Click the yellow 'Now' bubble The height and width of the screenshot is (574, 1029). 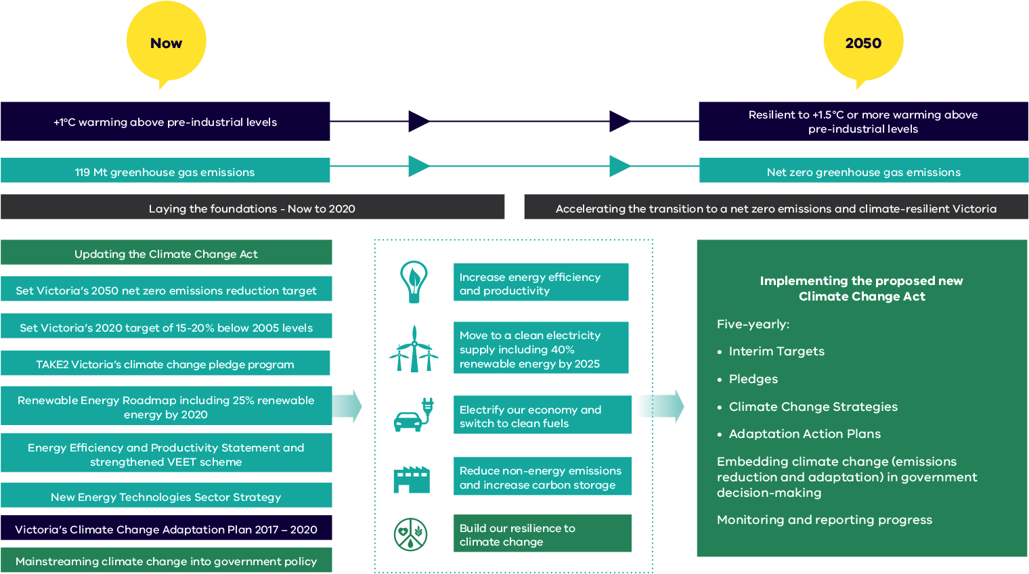tap(166, 43)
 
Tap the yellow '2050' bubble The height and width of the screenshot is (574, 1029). tap(863, 43)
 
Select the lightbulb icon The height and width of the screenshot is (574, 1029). tap(414, 282)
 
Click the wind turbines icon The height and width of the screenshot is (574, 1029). tap(413, 349)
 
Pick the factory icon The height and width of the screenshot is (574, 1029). tap(412, 479)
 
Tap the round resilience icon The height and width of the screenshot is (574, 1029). tap(411, 534)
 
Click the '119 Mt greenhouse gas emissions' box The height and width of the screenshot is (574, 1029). tap(165, 172)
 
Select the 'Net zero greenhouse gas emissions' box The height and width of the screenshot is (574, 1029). tap(863, 172)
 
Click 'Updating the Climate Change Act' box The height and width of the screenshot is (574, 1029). tap(166, 254)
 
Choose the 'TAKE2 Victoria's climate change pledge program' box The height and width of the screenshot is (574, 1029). tap(165, 364)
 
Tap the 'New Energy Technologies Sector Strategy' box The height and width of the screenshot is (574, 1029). tap(166, 497)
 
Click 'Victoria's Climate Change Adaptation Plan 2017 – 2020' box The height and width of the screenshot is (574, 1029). tap(166, 529)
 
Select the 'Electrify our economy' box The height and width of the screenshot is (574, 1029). tap(542, 416)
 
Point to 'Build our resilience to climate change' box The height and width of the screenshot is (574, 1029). tap(542, 534)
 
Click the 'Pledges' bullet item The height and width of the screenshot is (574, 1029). tap(753, 379)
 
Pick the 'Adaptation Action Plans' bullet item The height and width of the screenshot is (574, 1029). tap(804, 434)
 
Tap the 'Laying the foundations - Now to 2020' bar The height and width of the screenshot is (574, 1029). tap(252, 208)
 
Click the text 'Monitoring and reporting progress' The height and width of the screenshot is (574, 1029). tap(824, 520)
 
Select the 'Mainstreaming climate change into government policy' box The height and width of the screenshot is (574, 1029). tap(166, 561)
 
